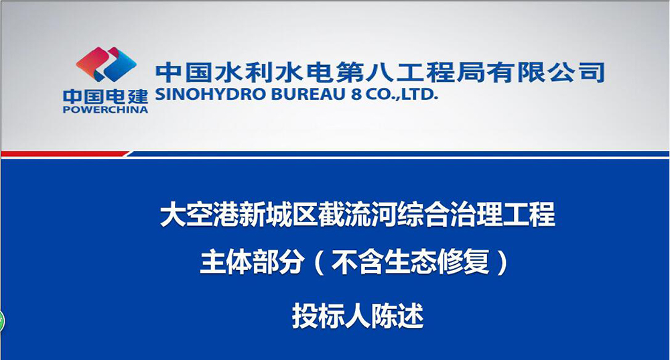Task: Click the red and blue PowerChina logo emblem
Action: tap(106, 64)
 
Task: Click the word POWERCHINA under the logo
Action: tap(105, 110)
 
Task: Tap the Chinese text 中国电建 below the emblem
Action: tap(105, 96)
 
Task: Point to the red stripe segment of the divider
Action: tap(64, 154)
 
